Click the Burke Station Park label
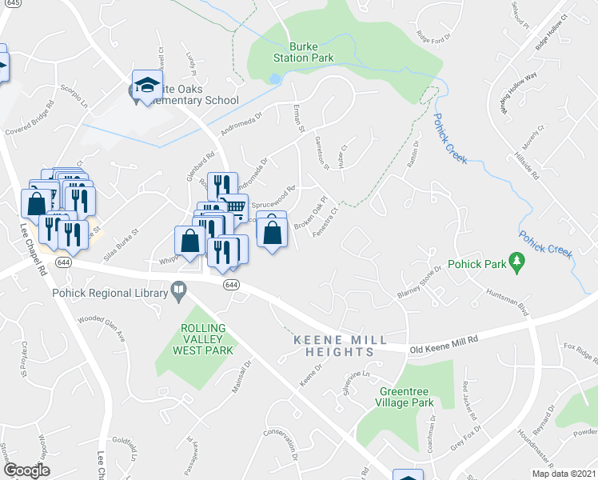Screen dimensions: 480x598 tap(293, 53)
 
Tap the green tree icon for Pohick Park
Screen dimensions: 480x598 tap(517, 262)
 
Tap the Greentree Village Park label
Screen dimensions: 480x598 tap(406, 397)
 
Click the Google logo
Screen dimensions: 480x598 tap(26, 470)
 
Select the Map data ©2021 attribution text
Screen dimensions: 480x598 tap(563, 474)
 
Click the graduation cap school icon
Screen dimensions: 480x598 tap(148, 85)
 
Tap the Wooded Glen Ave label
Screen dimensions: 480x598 tap(102, 328)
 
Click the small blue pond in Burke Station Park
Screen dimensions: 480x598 tap(277, 79)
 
